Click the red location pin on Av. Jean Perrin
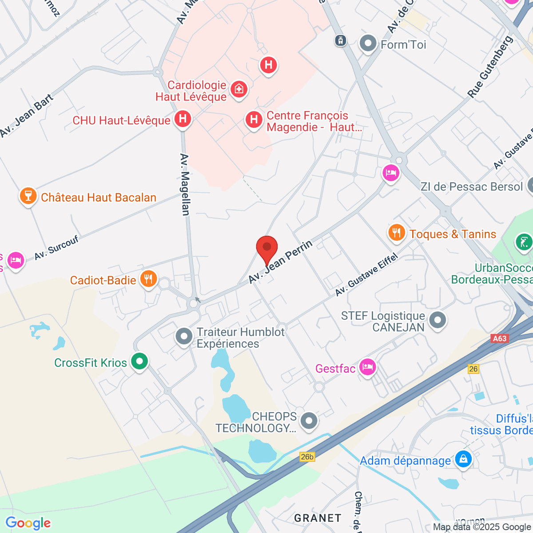[267, 248]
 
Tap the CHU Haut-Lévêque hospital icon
[183, 119]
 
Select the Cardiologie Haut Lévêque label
[191, 91]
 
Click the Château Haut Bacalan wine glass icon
[28, 196]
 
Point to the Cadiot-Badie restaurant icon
[148, 279]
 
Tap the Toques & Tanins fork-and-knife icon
[396, 232]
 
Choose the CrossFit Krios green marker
[140, 362]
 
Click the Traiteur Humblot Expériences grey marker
[184, 336]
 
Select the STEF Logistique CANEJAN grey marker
[438, 320]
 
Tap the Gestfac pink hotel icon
[368, 367]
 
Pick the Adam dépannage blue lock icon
[463, 459]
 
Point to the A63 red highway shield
[500, 338]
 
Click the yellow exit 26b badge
[307, 457]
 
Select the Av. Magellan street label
[185, 184]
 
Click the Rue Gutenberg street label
[490, 67]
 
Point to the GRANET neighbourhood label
[318, 518]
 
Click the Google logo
[28, 523]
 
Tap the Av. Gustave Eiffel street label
[366, 276]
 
